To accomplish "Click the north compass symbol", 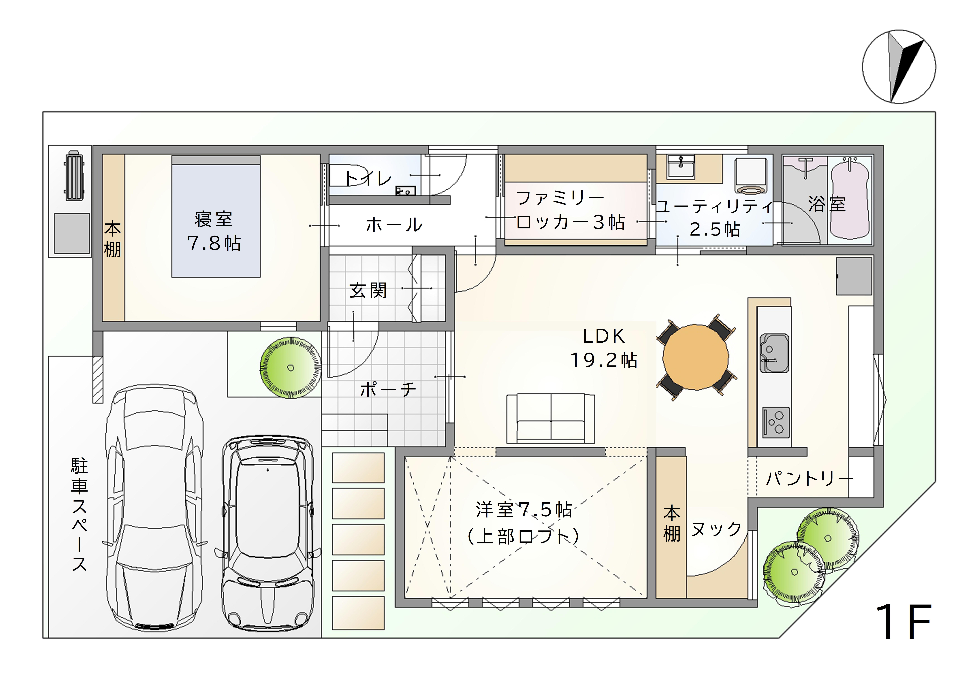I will click(x=899, y=67).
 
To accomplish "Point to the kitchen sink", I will click(x=774, y=353).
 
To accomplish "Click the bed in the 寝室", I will click(x=216, y=217).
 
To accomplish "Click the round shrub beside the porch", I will click(x=291, y=368).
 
